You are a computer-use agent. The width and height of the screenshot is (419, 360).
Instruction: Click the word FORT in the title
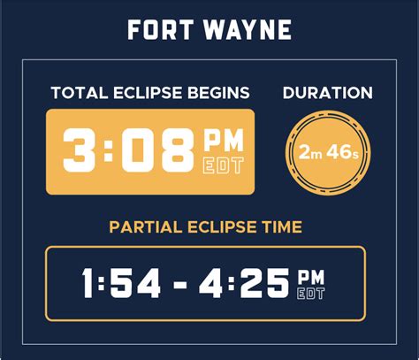click(x=161, y=30)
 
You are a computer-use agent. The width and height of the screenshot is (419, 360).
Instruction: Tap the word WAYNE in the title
click(x=248, y=30)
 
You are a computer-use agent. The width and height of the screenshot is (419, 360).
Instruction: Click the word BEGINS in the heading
click(x=218, y=93)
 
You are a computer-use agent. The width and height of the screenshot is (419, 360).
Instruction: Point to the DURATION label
click(x=328, y=93)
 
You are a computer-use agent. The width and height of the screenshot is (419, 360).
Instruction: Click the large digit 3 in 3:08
click(x=80, y=150)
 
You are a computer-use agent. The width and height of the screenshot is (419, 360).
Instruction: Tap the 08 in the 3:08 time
click(x=158, y=150)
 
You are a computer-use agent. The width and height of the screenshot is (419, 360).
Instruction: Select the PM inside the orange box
click(x=224, y=140)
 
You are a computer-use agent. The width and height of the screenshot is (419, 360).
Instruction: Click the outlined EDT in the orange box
click(x=224, y=165)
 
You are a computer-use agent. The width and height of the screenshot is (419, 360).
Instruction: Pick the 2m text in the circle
click(x=310, y=153)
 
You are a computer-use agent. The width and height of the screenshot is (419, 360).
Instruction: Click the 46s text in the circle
click(x=343, y=152)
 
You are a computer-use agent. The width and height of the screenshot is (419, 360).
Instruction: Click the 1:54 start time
click(x=121, y=283)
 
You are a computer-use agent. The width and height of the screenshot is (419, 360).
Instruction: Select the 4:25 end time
click(x=244, y=283)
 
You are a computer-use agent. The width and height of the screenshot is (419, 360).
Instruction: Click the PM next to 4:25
click(x=311, y=277)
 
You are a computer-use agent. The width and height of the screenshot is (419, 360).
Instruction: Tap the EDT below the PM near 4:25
click(x=311, y=294)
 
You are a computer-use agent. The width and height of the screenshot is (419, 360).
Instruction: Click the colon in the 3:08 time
click(x=109, y=150)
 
